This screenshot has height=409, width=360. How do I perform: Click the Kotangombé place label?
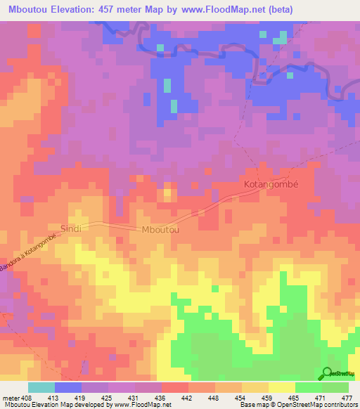pos(271,185)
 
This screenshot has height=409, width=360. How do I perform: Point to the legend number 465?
pos(295,397)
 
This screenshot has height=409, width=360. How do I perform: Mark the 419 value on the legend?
pos(82,397)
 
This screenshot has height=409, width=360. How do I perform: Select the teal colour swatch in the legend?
pos(41,387)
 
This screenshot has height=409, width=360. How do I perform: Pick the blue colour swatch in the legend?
pos(68,387)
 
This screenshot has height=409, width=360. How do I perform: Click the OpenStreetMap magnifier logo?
pos(328,373)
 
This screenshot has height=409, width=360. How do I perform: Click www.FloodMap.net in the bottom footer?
pos(140,405)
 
